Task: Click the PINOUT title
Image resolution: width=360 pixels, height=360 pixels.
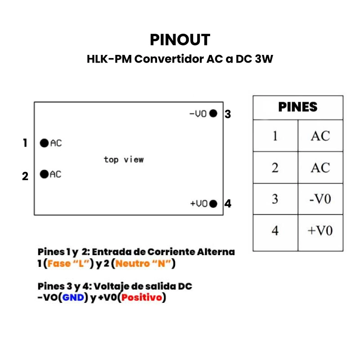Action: pos(180,40)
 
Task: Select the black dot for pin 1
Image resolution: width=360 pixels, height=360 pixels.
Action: pos(44,143)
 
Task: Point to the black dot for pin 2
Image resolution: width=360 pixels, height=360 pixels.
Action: pos(44,174)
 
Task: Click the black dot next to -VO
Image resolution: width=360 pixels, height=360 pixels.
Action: pos(213,113)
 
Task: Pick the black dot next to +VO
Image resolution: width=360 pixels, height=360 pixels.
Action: pos(213,203)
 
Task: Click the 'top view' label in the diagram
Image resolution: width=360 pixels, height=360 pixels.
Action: pos(124,159)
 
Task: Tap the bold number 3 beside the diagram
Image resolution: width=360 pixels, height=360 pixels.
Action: pos(228,114)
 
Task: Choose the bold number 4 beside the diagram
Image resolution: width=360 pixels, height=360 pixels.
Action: pos(228,204)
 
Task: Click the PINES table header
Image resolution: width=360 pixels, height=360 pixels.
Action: pos(298,107)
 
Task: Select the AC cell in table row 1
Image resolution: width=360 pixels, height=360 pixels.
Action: pos(320,136)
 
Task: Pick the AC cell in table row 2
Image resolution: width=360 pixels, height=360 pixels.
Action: pos(320,168)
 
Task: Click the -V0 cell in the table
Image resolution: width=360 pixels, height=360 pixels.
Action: pos(320,199)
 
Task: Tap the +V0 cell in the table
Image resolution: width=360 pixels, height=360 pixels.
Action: pos(320,231)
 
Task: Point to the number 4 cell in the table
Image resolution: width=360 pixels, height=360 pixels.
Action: pos(275,231)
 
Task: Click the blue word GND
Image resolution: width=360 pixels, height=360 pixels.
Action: pos(73,297)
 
